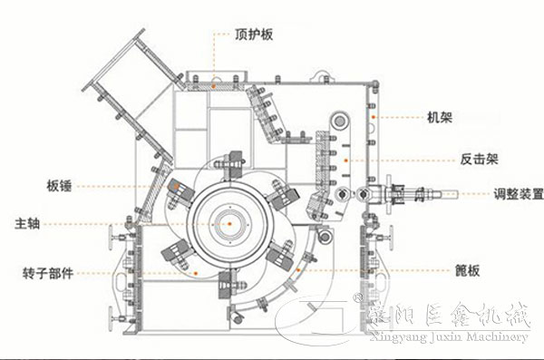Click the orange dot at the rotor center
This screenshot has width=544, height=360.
tap(230, 222)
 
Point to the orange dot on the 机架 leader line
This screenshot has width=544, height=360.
tap(372, 117)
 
